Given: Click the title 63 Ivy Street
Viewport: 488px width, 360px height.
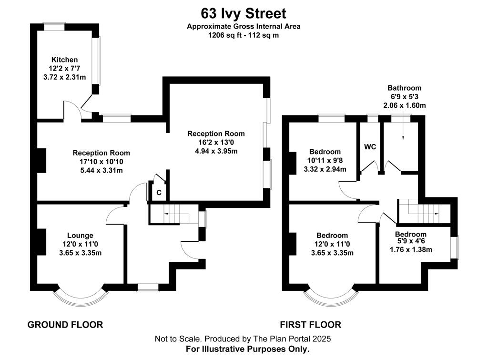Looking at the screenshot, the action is click(x=244, y=14).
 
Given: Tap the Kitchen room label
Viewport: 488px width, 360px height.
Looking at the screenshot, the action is click(x=64, y=60).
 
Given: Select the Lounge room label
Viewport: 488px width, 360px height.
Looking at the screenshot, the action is click(x=80, y=236).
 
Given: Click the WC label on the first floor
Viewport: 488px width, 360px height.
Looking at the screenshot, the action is click(x=370, y=147).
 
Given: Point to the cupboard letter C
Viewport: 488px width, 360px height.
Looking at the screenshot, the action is click(x=159, y=193).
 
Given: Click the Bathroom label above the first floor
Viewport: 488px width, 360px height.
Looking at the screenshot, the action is click(x=404, y=88).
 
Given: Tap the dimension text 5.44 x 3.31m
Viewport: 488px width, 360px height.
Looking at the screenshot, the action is click(x=102, y=170).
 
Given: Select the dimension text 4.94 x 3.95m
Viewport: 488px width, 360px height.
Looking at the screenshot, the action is click(x=216, y=151).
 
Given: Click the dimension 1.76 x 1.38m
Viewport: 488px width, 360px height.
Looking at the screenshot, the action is click(x=411, y=249).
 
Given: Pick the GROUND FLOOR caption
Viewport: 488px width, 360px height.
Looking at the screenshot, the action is click(x=65, y=325).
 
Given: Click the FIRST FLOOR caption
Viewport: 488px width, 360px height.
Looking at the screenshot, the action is click(x=311, y=325).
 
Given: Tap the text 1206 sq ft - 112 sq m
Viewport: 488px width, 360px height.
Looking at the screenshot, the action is click(x=244, y=35).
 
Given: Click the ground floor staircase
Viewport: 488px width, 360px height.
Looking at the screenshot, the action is click(x=174, y=214).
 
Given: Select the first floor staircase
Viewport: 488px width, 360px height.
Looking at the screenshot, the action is click(x=424, y=211).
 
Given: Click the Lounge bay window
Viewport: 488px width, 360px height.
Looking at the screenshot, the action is click(x=81, y=298).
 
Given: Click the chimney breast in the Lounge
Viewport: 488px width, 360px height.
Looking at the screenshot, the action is click(x=42, y=242).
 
